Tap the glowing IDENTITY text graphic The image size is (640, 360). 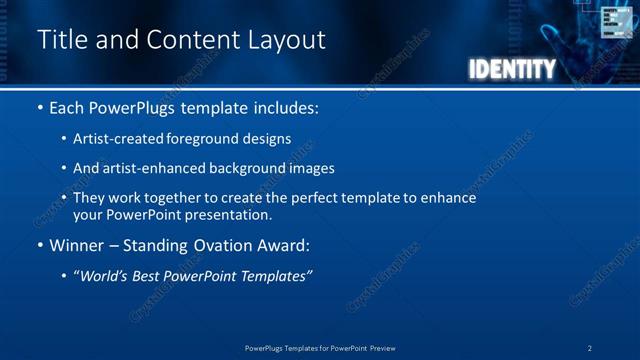[x=511, y=69]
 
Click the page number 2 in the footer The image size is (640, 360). [x=590, y=348]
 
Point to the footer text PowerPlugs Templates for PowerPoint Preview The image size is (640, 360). [x=320, y=348]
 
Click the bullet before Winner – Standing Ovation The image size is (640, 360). [x=40, y=244]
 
